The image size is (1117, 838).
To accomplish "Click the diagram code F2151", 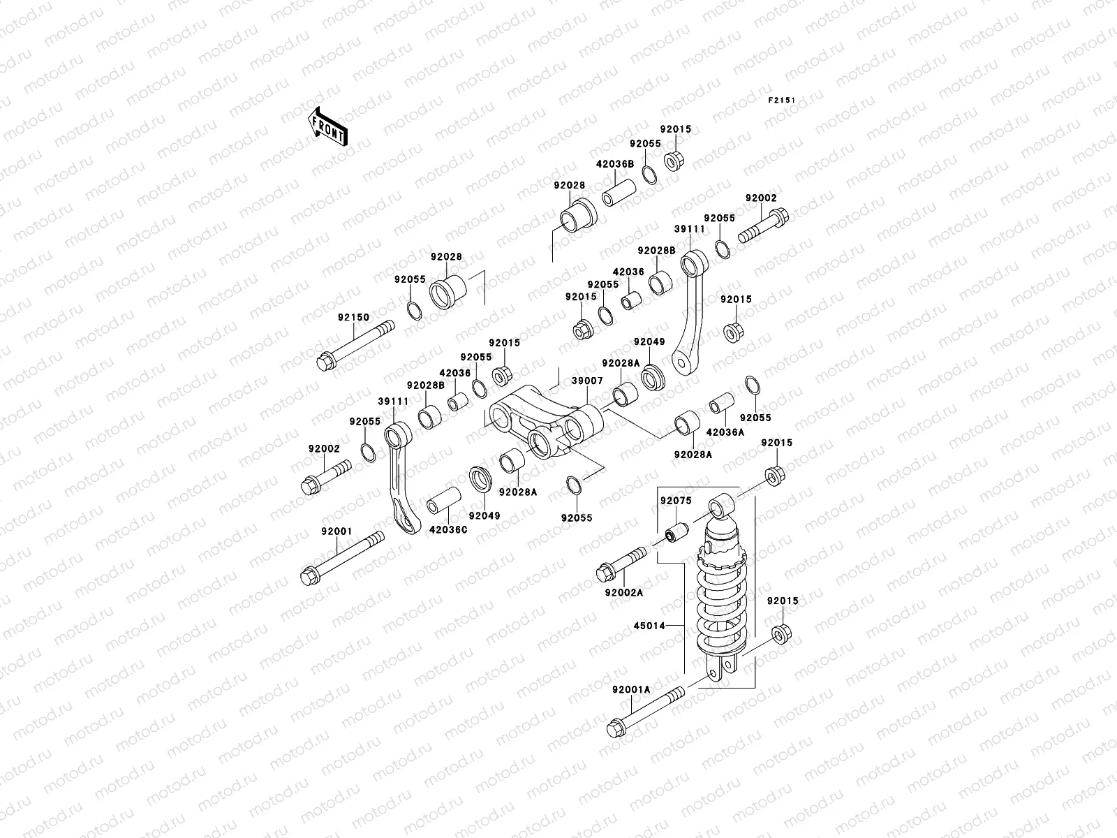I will point(782,101).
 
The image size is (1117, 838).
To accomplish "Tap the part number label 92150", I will point(353,317).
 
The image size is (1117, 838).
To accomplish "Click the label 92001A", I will point(631,689).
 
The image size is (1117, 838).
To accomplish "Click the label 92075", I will point(675,501).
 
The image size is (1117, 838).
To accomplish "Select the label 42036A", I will point(725,432).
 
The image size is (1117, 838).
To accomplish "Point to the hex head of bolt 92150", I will point(325,362).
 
